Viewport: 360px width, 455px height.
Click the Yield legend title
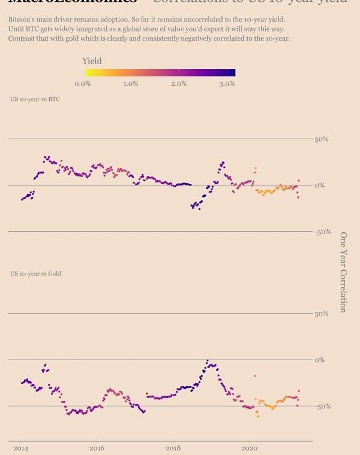click(x=92, y=61)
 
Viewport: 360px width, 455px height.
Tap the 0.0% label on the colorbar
click(x=83, y=84)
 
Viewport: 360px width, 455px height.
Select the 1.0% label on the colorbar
click(x=131, y=84)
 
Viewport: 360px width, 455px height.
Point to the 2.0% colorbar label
click(x=179, y=84)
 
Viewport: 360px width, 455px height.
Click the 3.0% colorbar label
click(x=227, y=84)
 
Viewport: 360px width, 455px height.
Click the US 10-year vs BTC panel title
click(x=35, y=98)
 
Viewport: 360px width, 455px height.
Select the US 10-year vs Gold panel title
click(x=35, y=274)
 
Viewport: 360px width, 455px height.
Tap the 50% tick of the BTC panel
click(x=322, y=139)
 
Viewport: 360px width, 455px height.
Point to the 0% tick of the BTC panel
click(x=320, y=185)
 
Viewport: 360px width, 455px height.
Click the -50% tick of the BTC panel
click(x=323, y=232)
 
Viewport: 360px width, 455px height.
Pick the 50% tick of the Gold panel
click(x=322, y=314)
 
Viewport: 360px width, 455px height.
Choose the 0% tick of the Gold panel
click(x=320, y=360)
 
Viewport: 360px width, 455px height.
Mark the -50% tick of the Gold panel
click(x=323, y=406)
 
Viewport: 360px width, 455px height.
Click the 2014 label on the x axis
click(x=20, y=448)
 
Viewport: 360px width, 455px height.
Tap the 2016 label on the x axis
click(x=97, y=448)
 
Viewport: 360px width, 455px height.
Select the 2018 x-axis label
click(x=173, y=448)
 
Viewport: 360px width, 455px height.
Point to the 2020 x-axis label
click(x=249, y=448)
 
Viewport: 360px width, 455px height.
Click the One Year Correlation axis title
click(x=344, y=272)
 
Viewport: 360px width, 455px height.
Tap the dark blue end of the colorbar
click(x=232, y=73)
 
